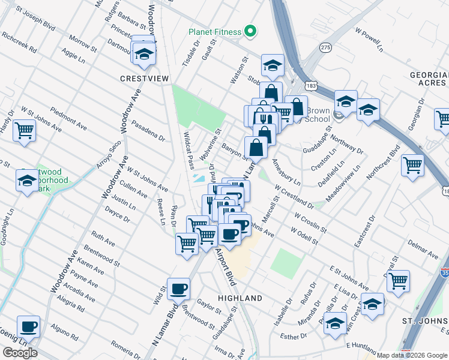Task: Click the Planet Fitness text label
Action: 214,32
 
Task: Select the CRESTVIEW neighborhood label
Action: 144,79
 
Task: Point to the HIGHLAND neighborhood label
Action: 240,298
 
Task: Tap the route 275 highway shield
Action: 325,47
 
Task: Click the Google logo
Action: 20,353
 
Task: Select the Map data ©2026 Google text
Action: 412,355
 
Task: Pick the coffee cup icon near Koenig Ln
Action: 28,327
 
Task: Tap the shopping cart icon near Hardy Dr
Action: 24,129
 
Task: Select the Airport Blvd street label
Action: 226,266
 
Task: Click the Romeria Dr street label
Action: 125,347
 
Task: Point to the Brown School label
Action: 318,115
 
